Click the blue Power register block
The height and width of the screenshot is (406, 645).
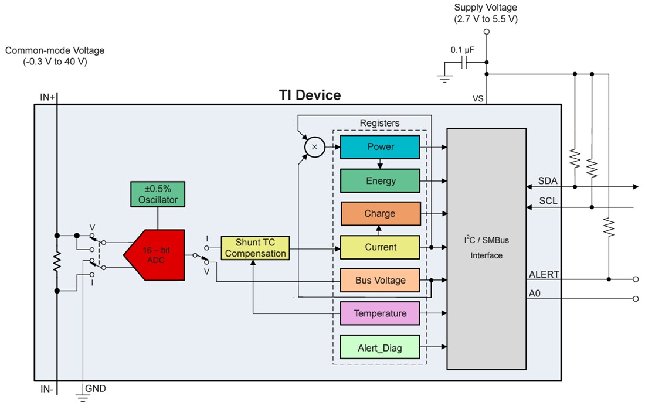(x=380, y=146)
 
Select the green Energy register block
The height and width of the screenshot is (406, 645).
(x=380, y=180)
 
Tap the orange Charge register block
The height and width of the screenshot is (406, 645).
(x=380, y=214)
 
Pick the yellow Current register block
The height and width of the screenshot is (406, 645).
(x=380, y=247)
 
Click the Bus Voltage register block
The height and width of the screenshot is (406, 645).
(x=380, y=280)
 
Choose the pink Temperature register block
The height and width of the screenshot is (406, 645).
(x=380, y=313)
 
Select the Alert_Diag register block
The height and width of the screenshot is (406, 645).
(x=380, y=347)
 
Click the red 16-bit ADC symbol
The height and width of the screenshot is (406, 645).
(x=155, y=254)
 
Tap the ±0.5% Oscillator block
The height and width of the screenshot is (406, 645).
(x=157, y=195)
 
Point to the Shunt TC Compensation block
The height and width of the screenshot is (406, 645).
(x=256, y=248)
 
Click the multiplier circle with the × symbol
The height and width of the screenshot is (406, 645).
(x=314, y=147)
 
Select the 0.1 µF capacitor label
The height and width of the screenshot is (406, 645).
(x=463, y=50)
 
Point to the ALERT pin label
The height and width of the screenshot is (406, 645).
(x=544, y=274)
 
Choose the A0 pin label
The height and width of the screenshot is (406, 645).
(x=535, y=293)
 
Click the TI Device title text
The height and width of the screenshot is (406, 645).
(x=309, y=95)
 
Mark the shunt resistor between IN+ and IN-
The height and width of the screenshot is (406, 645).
(x=57, y=263)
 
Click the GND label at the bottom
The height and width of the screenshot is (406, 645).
(x=96, y=388)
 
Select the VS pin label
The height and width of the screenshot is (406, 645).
(x=478, y=99)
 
